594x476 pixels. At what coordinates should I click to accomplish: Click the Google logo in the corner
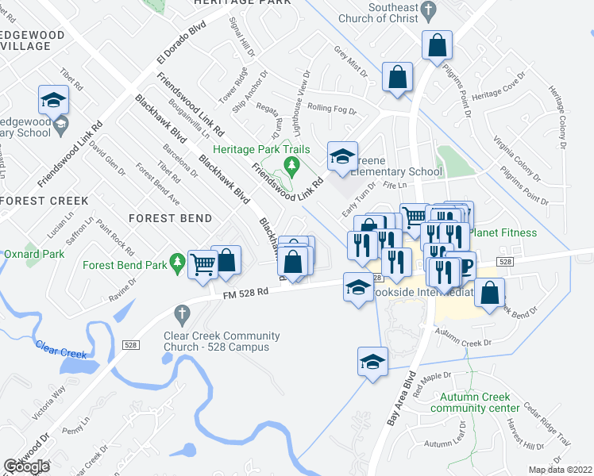pos(26,466)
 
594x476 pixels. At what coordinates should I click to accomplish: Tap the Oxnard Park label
pos(33,255)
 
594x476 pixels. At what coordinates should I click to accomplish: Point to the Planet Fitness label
pos(503,232)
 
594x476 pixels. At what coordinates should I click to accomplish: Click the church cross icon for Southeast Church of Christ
pos(429,11)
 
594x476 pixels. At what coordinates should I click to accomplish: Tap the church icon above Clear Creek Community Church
pos(182,312)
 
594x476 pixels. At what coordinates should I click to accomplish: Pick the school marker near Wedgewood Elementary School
pos(53,99)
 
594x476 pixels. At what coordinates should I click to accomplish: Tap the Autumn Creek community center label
pos(480,402)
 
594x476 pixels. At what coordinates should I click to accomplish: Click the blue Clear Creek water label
pos(60,348)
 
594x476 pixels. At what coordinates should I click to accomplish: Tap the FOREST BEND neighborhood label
pos(172,218)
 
